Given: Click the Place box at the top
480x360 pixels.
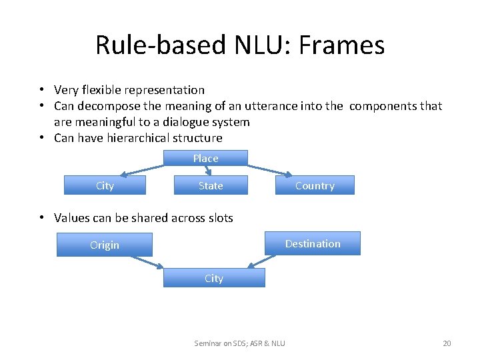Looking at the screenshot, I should click(x=205, y=158).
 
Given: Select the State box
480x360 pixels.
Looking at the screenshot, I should click(x=211, y=185).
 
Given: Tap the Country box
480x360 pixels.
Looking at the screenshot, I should click(x=315, y=185).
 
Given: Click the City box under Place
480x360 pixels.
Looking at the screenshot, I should click(x=105, y=185).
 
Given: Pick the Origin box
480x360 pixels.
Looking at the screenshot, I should click(x=105, y=245).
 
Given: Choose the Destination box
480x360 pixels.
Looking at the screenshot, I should click(x=313, y=243).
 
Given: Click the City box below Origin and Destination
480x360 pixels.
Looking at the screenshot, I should click(x=214, y=278).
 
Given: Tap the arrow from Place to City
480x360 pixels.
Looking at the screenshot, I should click(x=144, y=170).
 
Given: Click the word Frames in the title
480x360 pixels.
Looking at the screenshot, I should click(x=341, y=45).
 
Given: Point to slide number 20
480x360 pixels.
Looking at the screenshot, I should click(x=447, y=343).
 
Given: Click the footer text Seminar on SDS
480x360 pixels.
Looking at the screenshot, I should click(x=221, y=343).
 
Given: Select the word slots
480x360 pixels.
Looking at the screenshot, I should click(x=219, y=217).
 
